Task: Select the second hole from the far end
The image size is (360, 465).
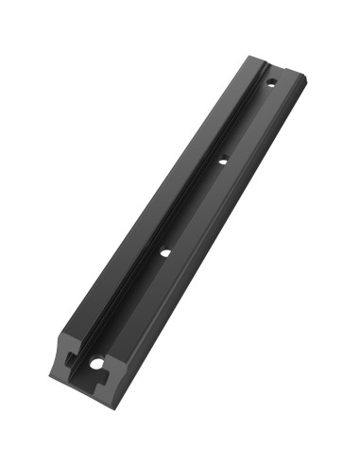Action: coord(223,161)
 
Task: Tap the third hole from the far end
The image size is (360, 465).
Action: coord(164,252)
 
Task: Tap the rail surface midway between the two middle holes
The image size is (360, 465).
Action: coord(194,207)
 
